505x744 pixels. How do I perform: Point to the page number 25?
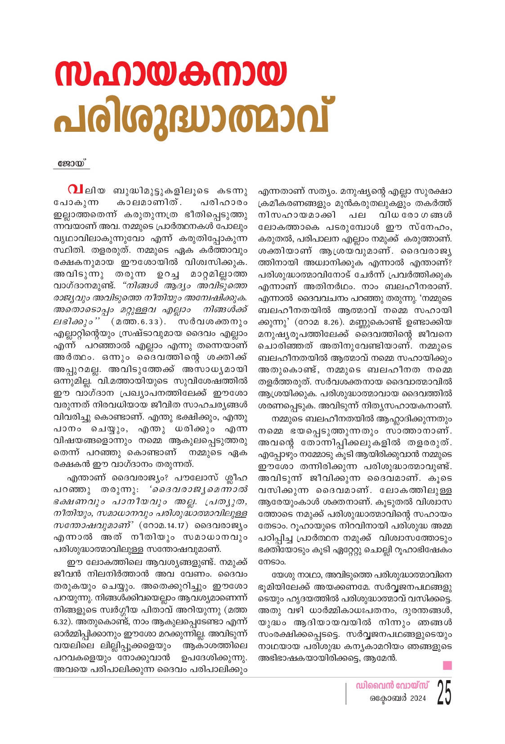pos(444,693)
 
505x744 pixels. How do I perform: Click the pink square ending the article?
pos(447,665)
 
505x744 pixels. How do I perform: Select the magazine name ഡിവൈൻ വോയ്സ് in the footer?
pos(392,686)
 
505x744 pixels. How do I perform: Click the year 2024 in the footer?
pos(418,699)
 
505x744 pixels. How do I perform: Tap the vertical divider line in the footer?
pos(346,693)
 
